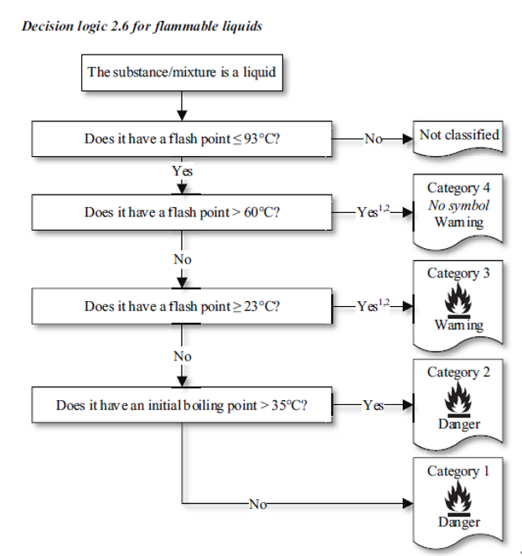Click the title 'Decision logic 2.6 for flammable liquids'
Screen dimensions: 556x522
pyautogui.click(x=142, y=26)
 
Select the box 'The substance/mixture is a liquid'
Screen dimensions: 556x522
pyautogui.click(x=181, y=72)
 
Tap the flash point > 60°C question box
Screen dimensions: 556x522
pyautogui.click(x=181, y=212)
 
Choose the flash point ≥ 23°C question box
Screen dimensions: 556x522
pyautogui.click(x=181, y=306)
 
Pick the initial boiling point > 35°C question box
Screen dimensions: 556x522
pyautogui.click(x=181, y=405)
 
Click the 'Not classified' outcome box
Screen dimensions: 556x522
pyautogui.click(x=458, y=135)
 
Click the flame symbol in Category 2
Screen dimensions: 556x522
pyautogui.click(x=458, y=401)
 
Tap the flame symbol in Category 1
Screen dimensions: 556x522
pyautogui.click(x=458, y=500)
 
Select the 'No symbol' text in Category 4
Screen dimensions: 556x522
pyautogui.click(x=458, y=205)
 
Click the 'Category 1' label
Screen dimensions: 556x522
pyautogui.click(x=458, y=471)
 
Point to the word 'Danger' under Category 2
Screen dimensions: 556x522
pyautogui.click(x=458, y=423)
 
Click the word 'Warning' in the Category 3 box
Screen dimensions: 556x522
pyautogui.click(x=458, y=325)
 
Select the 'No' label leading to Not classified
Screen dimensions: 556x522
pyautogui.click(x=373, y=138)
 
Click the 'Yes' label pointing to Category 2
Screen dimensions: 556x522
pyautogui.click(x=373, y=405)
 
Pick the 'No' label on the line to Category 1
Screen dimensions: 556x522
pyautogui.click(x=257, y=504)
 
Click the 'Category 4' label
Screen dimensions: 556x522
pyautogui.click(x=458, y=189)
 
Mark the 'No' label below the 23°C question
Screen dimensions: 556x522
pyautogui.click(x=182, y=356)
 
